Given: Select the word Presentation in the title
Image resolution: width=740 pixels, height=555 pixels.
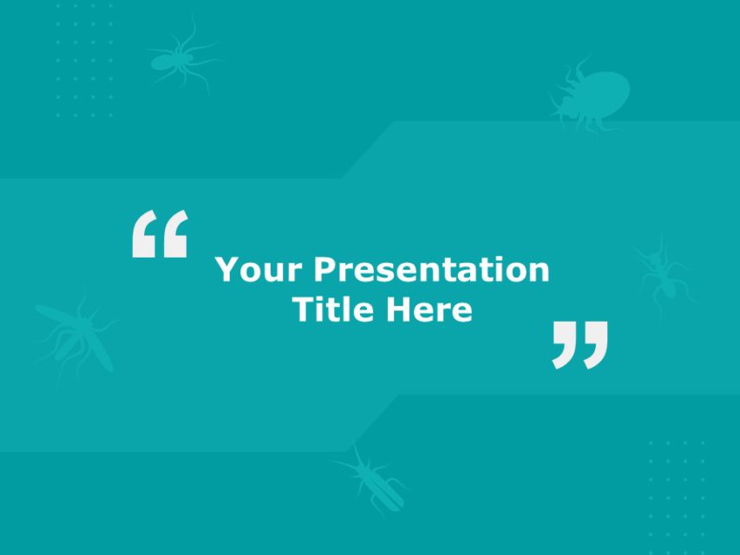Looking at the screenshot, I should [431, 270].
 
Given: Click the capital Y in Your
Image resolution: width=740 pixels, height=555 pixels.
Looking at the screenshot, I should [226, 270].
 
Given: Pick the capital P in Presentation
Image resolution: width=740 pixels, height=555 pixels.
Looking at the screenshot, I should [324, 270].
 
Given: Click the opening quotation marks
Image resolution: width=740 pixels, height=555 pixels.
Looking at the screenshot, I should [160, 233].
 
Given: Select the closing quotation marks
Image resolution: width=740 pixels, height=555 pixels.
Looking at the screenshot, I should [580, 344].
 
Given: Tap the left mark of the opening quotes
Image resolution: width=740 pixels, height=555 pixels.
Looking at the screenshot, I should [145, 233].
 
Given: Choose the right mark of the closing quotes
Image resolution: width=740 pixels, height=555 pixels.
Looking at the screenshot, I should [596, 344].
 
